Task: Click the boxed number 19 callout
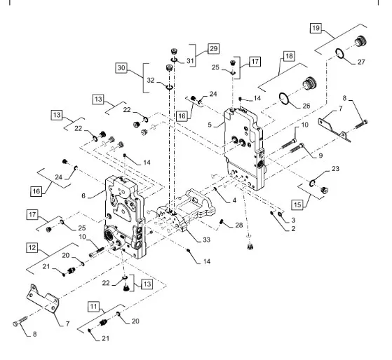click(x=316, y=28)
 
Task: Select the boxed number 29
click(x=213, y=48)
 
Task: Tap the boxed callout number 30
click(x=121, y=68)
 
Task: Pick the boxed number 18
click(x=289, y=56)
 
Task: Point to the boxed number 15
click(x=297, y=205)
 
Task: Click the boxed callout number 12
click(x=32, y=248)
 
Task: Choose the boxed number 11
click(x=93, y=307)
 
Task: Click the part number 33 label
click(x=206, y=240)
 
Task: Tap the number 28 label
click(x=239, y=226)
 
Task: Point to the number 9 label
click(x=320, y=155)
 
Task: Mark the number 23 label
click(x=335, y=169)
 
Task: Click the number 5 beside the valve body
click(x=210, y=125)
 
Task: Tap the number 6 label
click(x=83, y=195)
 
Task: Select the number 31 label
click(x=190, y=61)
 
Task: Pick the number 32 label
click(x=151, y=80)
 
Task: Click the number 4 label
click(x=234, y=200)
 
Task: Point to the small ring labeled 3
click(x=280, y=214)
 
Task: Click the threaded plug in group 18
click(x=310, y=83)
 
